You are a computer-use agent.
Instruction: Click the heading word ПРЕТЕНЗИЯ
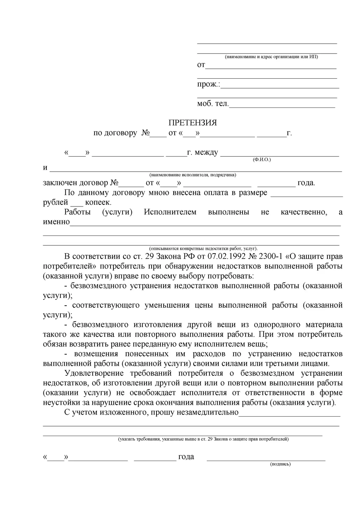tap(193, 123)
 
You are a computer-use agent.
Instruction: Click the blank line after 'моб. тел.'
tap(282, 107)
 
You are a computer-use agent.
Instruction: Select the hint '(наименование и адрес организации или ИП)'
tap(272, 57)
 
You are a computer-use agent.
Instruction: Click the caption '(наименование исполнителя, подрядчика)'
tap(192, 175)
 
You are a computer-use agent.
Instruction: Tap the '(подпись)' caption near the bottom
tap(280, 464)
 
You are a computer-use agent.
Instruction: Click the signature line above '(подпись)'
tap(266, 460)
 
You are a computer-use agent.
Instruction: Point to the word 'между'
tap(206, 153)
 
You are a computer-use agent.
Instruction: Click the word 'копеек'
tap(98, 202)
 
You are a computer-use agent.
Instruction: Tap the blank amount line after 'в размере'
tap(306, 196)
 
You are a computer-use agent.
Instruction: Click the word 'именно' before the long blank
tap(56, 222)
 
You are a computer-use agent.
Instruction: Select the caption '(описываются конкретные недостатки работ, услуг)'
tap(203, 249)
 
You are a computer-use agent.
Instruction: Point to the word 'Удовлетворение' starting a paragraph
tap(94, 373)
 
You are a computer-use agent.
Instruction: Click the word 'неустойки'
tap(59, 402)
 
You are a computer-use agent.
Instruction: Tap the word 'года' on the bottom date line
tap(186, 457)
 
